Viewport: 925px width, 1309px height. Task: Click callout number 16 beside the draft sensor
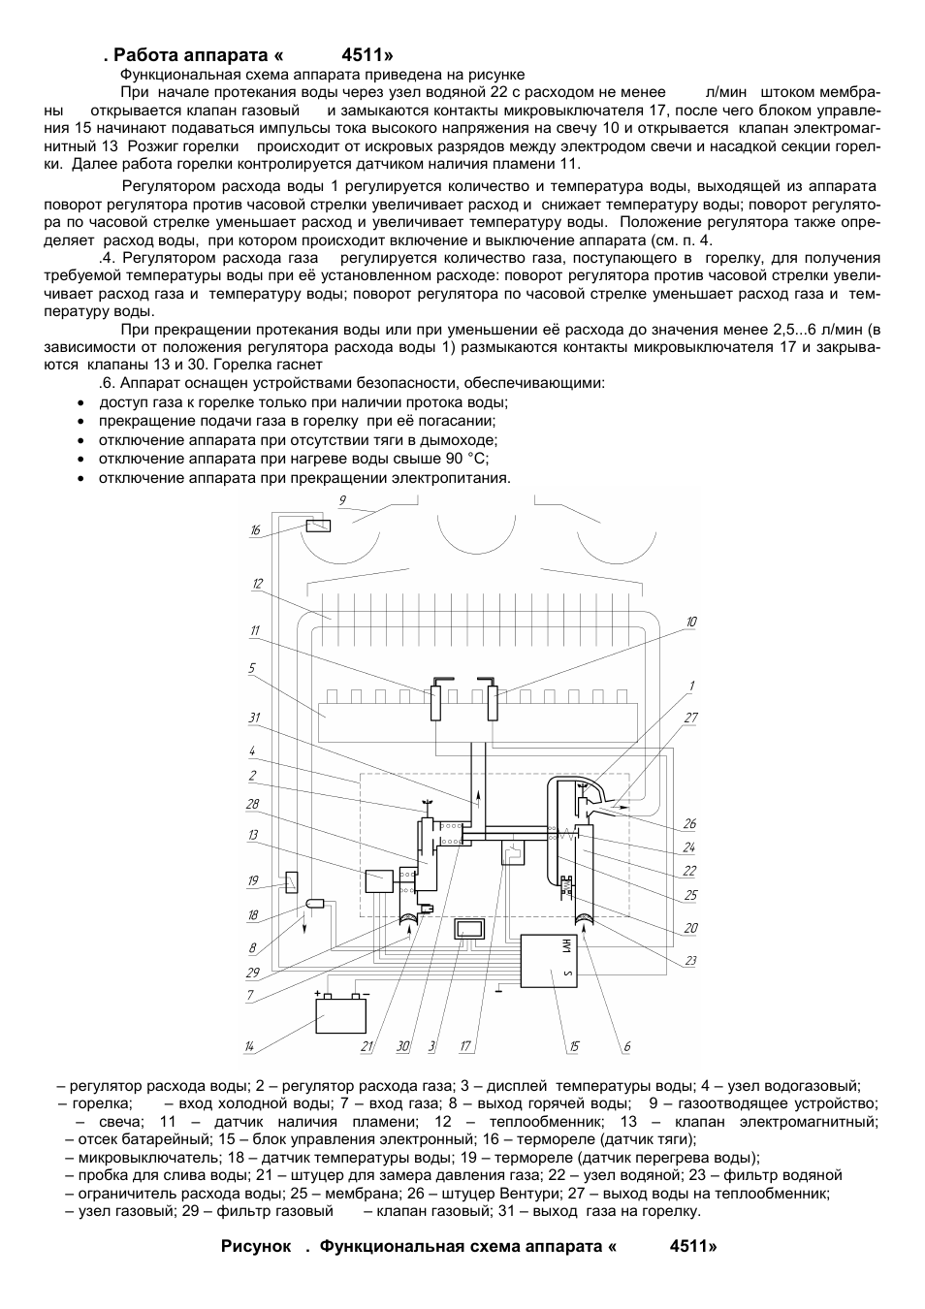click(x=255, y=530)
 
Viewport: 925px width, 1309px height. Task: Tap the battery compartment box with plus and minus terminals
click(x=341, y=1015)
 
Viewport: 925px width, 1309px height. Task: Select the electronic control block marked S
click(x=550, y=960)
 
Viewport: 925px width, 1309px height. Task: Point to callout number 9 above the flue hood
click(x=342, y=500)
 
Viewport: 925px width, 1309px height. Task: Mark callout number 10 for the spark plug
click(x=691, y=622)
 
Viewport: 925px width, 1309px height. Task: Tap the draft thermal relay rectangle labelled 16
click(x=317, y=526)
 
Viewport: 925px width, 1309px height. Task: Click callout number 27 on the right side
click(x=691, y=718)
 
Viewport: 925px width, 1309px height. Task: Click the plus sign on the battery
click(x=318, y=993)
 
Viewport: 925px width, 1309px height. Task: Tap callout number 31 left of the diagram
click(x=254, y=718)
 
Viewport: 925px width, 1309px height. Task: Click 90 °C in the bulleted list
click(x=466, y=459)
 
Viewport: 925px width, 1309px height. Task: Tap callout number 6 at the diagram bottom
click(x=627, y=1047)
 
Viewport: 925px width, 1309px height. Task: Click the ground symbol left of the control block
click(x=499, y=989)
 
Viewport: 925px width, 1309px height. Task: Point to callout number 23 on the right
click(x=691, y=961)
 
